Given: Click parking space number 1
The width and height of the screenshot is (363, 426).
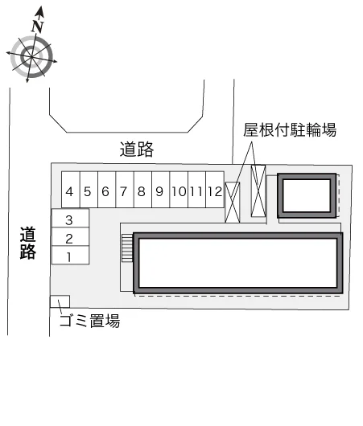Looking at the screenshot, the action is click(71, 255).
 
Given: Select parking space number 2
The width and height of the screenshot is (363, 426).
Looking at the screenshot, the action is click(71, 237).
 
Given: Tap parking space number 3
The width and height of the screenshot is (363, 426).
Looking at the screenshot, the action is click(71, 219).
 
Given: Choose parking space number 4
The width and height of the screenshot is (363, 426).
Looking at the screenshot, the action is click(71, 190).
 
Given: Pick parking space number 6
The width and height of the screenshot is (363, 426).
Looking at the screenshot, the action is click(107, 190).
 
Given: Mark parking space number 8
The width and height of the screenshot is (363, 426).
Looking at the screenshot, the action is click(142, 190).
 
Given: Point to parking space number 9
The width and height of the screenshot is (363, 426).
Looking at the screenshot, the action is click(161, 190).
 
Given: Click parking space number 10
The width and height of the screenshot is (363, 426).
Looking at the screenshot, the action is click(179, 190).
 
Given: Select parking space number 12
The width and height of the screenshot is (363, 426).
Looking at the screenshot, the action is click(215, 190).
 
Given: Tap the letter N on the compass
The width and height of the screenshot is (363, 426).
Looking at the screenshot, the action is click(38, 27).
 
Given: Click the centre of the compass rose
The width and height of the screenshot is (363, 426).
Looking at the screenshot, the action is click(31, 57).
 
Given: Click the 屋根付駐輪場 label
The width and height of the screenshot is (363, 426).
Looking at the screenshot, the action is click(290, 130).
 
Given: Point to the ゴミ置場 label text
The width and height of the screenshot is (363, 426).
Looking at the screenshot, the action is click(90, 321).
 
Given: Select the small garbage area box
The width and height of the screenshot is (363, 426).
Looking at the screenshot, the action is click(60, 301).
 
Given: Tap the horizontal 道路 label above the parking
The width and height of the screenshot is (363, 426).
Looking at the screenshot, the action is click(137, 150).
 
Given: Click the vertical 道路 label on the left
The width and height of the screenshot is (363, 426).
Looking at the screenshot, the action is click(27, 244).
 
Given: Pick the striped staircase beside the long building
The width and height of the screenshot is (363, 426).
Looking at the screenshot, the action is click(127, 248).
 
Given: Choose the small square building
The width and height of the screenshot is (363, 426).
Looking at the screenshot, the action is click(307, 195).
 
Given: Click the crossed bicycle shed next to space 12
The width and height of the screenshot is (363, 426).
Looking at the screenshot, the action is click(233, 203).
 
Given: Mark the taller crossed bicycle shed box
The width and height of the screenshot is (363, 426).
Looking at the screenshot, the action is click(258, 190).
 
